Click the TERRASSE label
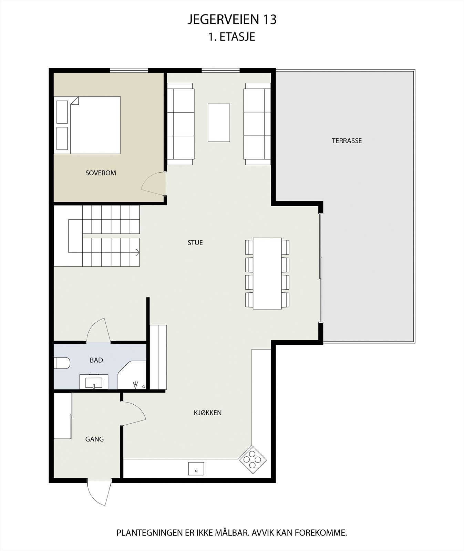coord(347,141)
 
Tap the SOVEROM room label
coord(101,173)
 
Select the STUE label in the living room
coord(195,242)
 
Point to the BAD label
coord(96,360)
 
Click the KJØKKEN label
coord(207,413)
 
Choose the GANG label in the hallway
coord(94,439)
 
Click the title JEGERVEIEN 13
coord(232,20)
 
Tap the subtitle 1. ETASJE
coord(232,37)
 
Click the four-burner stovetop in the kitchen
coord(253,459)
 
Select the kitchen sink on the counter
coord(196,469)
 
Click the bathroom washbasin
coord(94,382)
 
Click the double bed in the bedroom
coord(95,125)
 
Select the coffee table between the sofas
coord(219,123)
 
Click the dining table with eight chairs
coord(267,273)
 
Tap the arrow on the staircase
coord(137,252)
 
